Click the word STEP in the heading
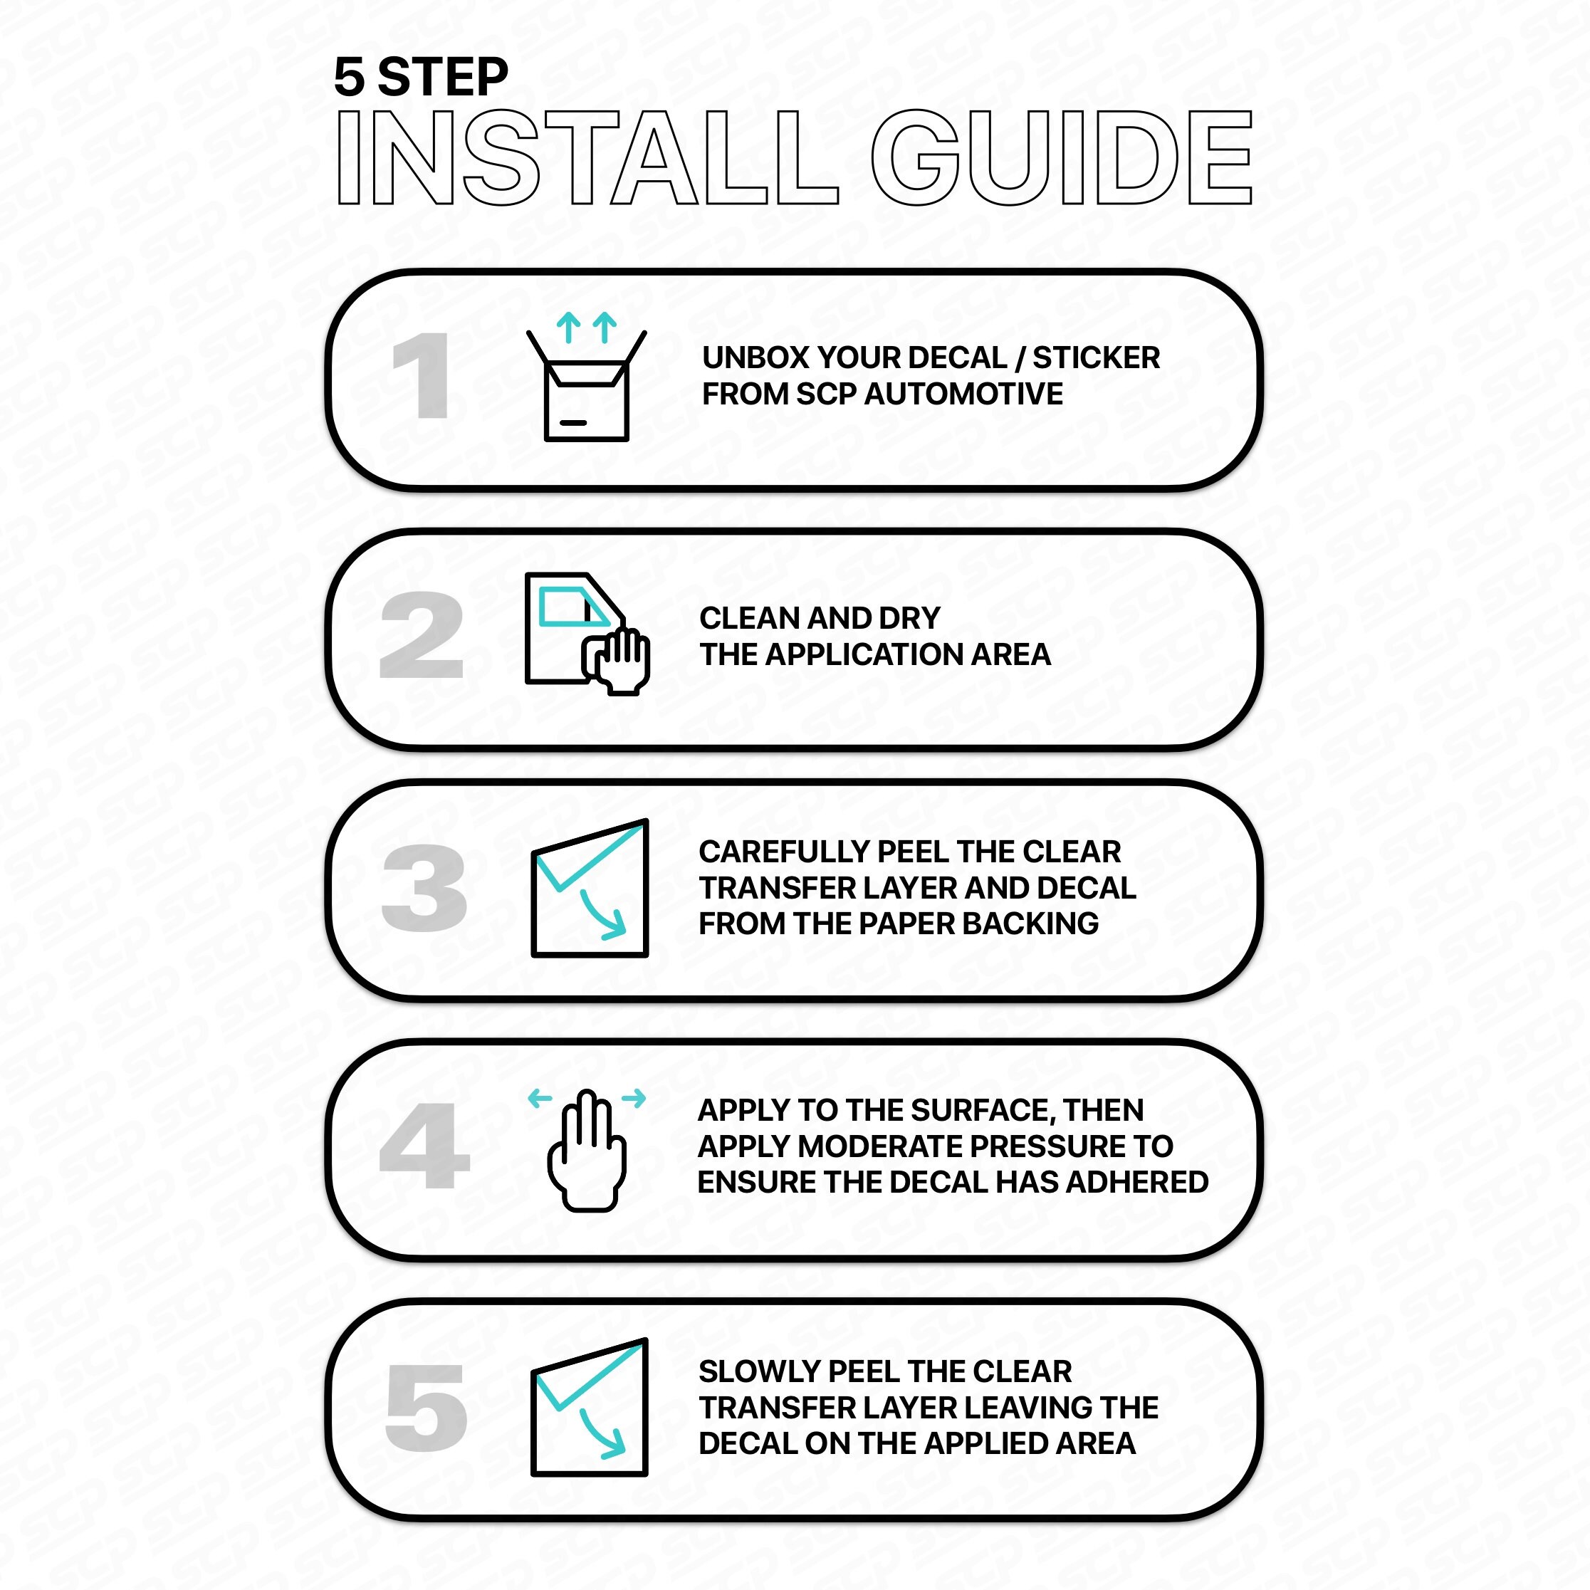point(443,78)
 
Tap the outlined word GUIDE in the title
point(1062,157)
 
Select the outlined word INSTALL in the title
point(587,157)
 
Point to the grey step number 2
point(422,635)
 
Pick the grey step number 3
point(424,889)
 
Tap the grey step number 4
point(424,1146)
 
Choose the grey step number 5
point(427,1407)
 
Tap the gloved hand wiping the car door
point(617,661)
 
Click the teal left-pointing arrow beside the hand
point(540,1098)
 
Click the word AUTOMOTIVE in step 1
point(963,394)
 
